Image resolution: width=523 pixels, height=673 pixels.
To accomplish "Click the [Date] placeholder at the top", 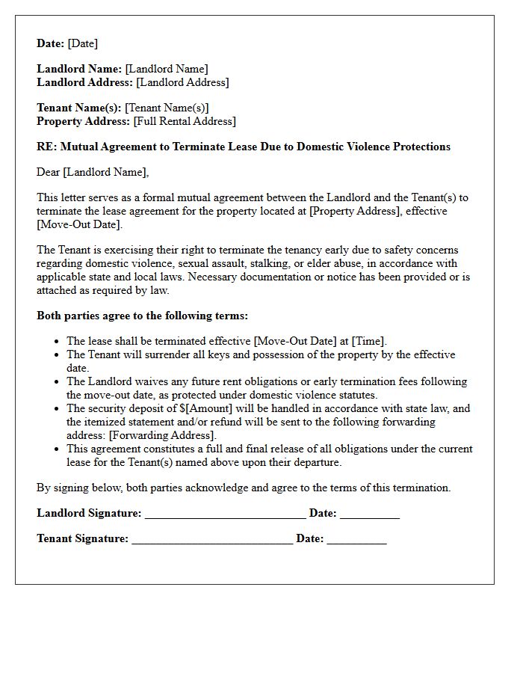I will (82, 43).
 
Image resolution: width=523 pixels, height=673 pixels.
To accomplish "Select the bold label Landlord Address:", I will (84, 82).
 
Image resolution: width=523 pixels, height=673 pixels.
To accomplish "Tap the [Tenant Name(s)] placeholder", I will (167, 108).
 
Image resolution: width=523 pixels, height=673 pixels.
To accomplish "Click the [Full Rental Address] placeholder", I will (184, 121).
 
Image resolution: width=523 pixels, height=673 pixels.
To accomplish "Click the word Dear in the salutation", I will (49, 172).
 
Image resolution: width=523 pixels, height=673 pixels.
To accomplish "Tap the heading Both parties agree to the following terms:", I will (142, 316).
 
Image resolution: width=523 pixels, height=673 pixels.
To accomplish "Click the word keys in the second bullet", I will (210, 354).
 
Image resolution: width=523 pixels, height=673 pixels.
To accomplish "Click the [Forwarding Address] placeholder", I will (162, 435).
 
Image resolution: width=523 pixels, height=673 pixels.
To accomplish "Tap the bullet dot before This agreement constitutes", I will (57, 449).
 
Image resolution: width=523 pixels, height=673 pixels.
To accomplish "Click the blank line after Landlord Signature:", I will (225, 514).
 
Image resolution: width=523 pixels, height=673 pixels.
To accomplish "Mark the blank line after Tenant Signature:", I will (212, 540).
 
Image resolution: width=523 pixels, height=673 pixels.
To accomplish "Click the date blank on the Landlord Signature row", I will (369, 514).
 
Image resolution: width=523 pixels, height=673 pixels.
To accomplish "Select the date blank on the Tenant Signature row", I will (356, 540).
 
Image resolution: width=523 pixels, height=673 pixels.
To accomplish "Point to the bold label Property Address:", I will (83, 121).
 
